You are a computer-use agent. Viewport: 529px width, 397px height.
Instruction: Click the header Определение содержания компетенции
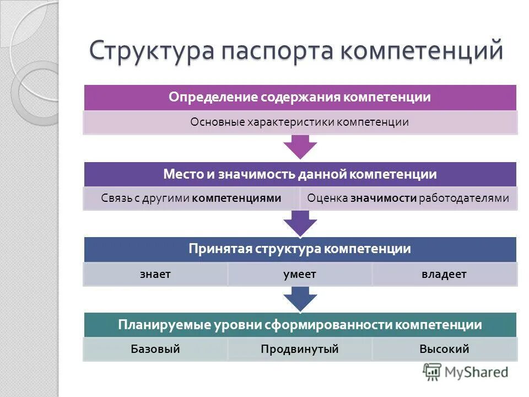(x=300, y=98)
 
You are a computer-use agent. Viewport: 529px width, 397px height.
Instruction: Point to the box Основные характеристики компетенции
(x=300, y=122)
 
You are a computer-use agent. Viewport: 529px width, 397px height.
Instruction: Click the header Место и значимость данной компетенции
(x=300, y=174)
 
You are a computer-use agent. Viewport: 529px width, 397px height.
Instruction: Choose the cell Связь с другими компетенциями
(x=191, y=198)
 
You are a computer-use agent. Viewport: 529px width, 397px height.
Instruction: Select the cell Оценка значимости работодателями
(x=408, y=198)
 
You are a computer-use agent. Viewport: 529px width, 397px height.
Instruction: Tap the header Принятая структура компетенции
(x=300, y=249)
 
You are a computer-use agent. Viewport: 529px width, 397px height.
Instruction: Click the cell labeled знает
(x=155, y=274)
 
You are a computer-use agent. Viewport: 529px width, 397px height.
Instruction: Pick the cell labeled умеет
(x=300, y=274)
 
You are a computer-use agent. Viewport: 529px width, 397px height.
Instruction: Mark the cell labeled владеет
(x=444, y=274)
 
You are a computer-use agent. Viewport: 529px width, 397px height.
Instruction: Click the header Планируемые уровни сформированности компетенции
(x=300, y=325)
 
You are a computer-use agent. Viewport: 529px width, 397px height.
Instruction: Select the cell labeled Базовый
(x=155, y=349)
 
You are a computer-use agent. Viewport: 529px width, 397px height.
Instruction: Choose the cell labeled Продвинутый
(x=300, y=349)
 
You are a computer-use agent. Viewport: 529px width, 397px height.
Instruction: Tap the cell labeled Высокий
(x=444, y=349)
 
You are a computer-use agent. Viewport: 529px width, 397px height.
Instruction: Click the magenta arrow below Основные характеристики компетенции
(x=300, y=147)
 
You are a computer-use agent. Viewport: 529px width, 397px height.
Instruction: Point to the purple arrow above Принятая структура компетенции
(x=300, y=223)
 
